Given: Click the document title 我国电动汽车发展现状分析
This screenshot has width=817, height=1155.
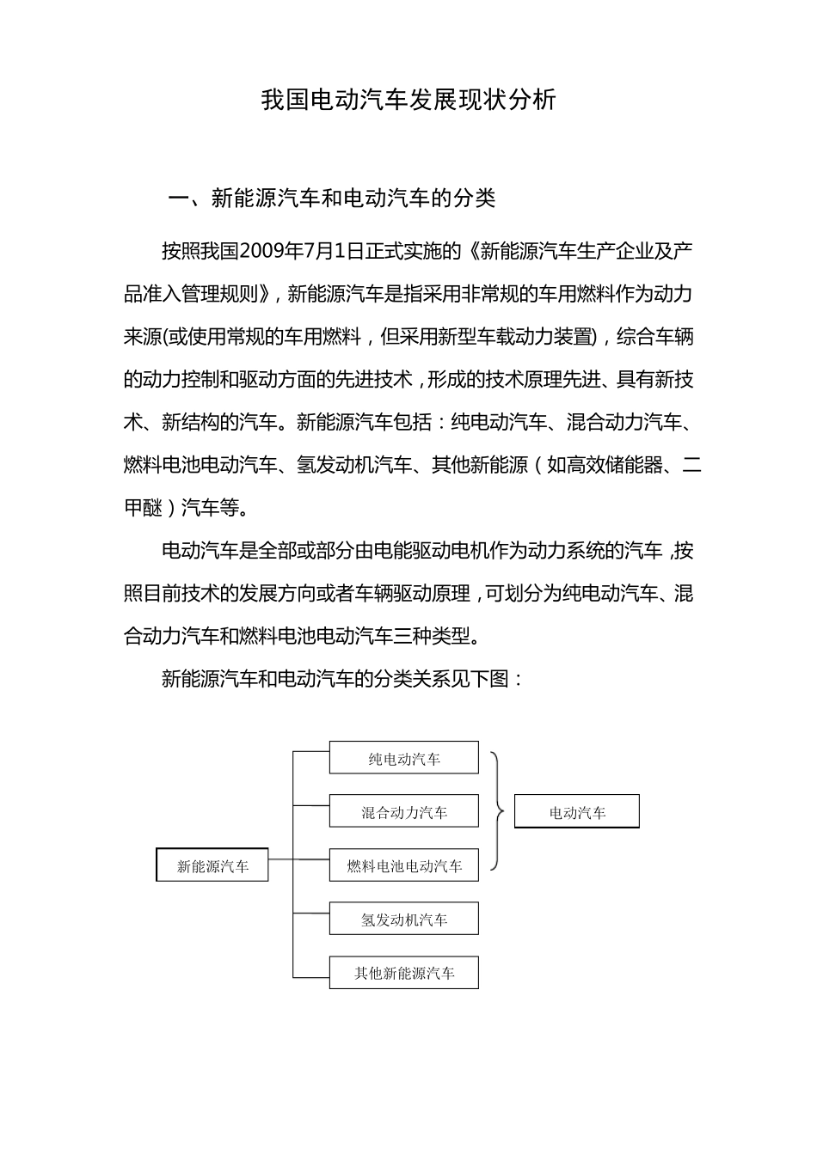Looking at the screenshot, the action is [408, 101].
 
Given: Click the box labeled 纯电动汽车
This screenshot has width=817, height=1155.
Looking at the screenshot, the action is [403, 758].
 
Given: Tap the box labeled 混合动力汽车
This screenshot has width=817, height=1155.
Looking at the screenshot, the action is [403, 811].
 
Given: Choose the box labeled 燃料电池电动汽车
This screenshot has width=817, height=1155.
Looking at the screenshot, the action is [403, 865].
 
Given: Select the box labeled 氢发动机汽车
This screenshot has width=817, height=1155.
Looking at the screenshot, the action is [403, 919].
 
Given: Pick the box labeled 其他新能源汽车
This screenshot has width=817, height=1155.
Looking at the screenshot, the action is [403, 973].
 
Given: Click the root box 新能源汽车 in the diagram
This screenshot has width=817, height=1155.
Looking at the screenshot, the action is [212, 865].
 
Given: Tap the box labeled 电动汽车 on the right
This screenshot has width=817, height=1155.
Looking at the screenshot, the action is [576, 812].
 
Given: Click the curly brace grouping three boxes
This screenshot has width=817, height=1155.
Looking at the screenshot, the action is [498, 810].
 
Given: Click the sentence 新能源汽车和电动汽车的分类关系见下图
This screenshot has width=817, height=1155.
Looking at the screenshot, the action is [342, 679].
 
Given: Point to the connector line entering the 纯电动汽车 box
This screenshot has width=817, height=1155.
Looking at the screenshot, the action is [310, 752].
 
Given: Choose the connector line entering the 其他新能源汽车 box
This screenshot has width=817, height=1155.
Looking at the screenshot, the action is [310, 977].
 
